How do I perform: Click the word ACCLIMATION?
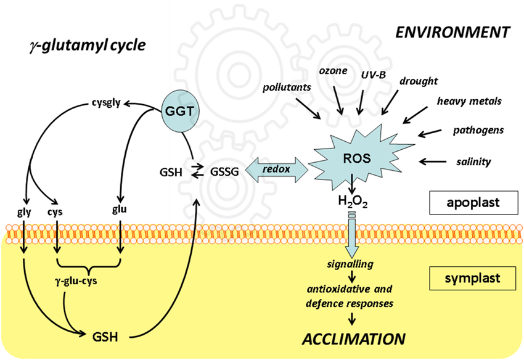click(x=353, y=338)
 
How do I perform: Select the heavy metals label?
click(x=469, y=100)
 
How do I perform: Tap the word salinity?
click(x=473, y=162)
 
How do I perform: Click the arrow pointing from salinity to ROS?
click(x=435, y=162)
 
